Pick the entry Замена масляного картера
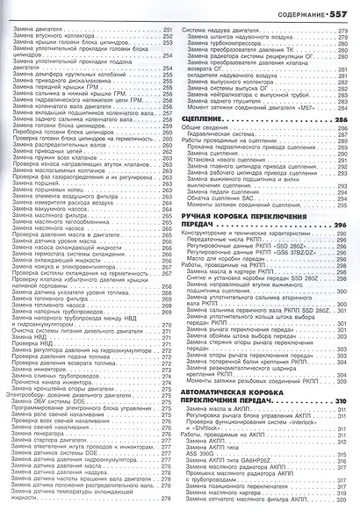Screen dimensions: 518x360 (231, 498)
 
